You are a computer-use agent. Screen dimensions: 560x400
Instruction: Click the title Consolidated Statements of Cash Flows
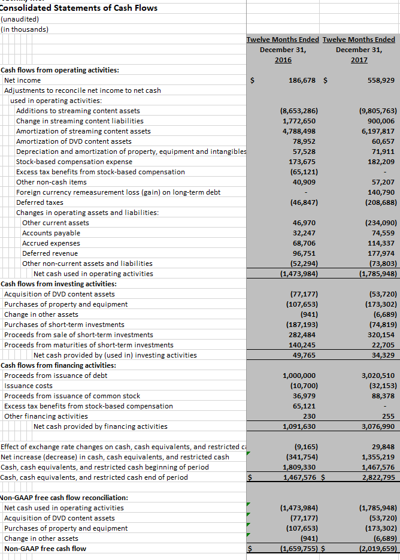[x=79, y=8]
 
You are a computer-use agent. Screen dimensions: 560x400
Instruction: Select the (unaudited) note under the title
[x=22, y=19]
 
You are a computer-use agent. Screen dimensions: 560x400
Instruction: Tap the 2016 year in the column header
[x=283, y=60]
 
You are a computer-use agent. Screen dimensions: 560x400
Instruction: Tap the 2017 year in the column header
[x=359, y=60]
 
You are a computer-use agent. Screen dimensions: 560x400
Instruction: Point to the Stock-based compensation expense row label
[x=74, y=162]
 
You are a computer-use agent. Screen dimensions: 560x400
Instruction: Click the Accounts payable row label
[x=51, y=233]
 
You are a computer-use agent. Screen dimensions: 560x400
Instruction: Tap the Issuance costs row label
[x=28, y=386]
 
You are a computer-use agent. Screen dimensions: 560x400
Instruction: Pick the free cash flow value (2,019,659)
[x=377, y=549]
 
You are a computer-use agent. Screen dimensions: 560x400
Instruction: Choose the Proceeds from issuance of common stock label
[x=72, y=396]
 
